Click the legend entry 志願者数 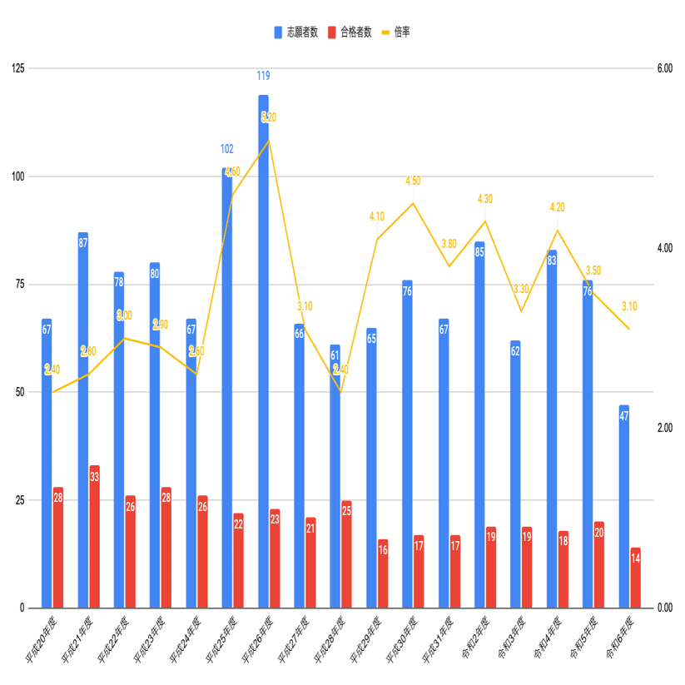295,32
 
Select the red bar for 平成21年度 94,536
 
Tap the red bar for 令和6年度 636,578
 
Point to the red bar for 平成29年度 383,573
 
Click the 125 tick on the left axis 16,68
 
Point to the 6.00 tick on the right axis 665,68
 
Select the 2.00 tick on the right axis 665,428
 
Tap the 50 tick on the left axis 18,392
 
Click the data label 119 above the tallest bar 263,77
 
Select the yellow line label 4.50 413,181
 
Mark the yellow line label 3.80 449,244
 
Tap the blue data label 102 227,150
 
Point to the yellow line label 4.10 377,217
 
